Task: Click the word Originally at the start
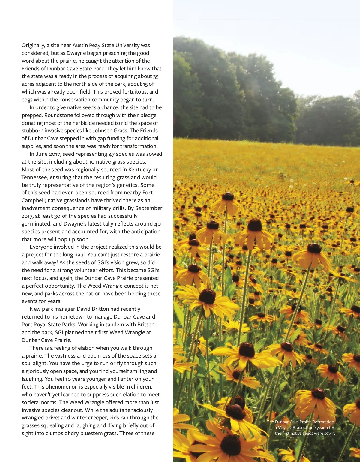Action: pos(33,45)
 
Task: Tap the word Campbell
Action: pos(33,200)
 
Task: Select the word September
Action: pos(149,208)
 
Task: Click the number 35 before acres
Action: pos(156,76)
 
